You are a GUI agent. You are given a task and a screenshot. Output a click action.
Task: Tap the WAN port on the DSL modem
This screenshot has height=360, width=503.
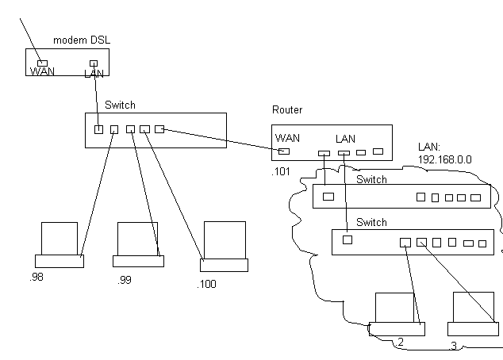point(43,62)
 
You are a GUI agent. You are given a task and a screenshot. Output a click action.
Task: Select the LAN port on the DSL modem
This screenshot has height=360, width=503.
point(94,63)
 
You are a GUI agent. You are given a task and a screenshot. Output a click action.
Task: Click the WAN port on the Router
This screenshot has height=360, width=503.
point(284,151)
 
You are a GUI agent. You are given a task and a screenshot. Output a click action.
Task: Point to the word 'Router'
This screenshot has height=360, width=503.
point(286,110)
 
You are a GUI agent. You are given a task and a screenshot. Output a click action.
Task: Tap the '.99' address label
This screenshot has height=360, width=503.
point(123,280)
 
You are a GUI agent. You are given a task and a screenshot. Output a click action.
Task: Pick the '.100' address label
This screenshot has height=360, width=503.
point(208,283)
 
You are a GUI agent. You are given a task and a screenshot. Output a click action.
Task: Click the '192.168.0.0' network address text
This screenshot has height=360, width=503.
point(444,159)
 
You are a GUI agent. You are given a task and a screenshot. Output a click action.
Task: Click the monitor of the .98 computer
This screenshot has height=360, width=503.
point(60,238)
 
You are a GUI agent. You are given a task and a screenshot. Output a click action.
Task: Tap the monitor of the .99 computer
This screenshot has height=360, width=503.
point(138,238)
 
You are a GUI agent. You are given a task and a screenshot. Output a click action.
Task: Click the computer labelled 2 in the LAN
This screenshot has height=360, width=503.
point(394,314)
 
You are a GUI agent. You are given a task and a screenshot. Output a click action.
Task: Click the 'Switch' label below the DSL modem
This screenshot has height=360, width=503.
point(120,105)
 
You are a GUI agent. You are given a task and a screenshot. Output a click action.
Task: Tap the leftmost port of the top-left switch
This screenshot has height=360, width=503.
point(98,129)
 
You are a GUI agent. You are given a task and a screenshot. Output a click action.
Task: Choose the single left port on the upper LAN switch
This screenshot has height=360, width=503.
point(328,196)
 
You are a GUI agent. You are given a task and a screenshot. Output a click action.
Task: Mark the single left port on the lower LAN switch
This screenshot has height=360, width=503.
point(347,239)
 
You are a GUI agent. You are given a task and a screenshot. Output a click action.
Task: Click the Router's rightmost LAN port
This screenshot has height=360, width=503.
point(378,151)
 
